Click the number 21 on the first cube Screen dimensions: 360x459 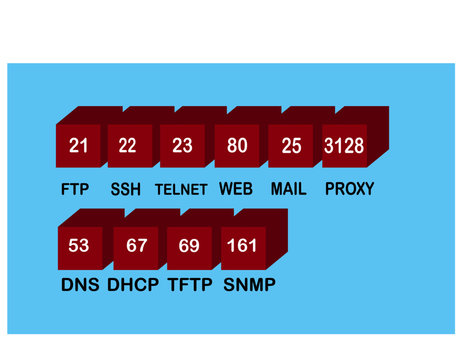(x=79, y=146)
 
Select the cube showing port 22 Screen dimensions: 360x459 (x=128, y=146)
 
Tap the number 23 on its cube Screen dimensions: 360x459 (x=182, y=146)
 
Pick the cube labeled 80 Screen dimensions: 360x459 (x=237, y=146)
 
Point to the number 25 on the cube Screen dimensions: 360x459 (x=291, y=146)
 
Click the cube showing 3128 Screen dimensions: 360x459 (x=343, y=146)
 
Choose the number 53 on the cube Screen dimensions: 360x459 (x=79, y=245)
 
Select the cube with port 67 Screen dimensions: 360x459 (x=136, y=245)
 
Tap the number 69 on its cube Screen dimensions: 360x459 (x=189, y=245)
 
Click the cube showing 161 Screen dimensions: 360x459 (x=242, y=245)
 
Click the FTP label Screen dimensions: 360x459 (x=75, y=189)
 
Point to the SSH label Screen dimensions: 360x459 (x=126, y=189)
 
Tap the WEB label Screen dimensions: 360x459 (x=235, y=189)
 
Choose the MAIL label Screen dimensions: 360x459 (x=289, y=189)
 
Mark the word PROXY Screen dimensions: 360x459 (x=349, y=189)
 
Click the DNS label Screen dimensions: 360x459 (x=80, y=285)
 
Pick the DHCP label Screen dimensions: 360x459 (x=133, y=285)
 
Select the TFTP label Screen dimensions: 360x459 (x=190, y=285)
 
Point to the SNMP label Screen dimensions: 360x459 (x=249, y=285)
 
